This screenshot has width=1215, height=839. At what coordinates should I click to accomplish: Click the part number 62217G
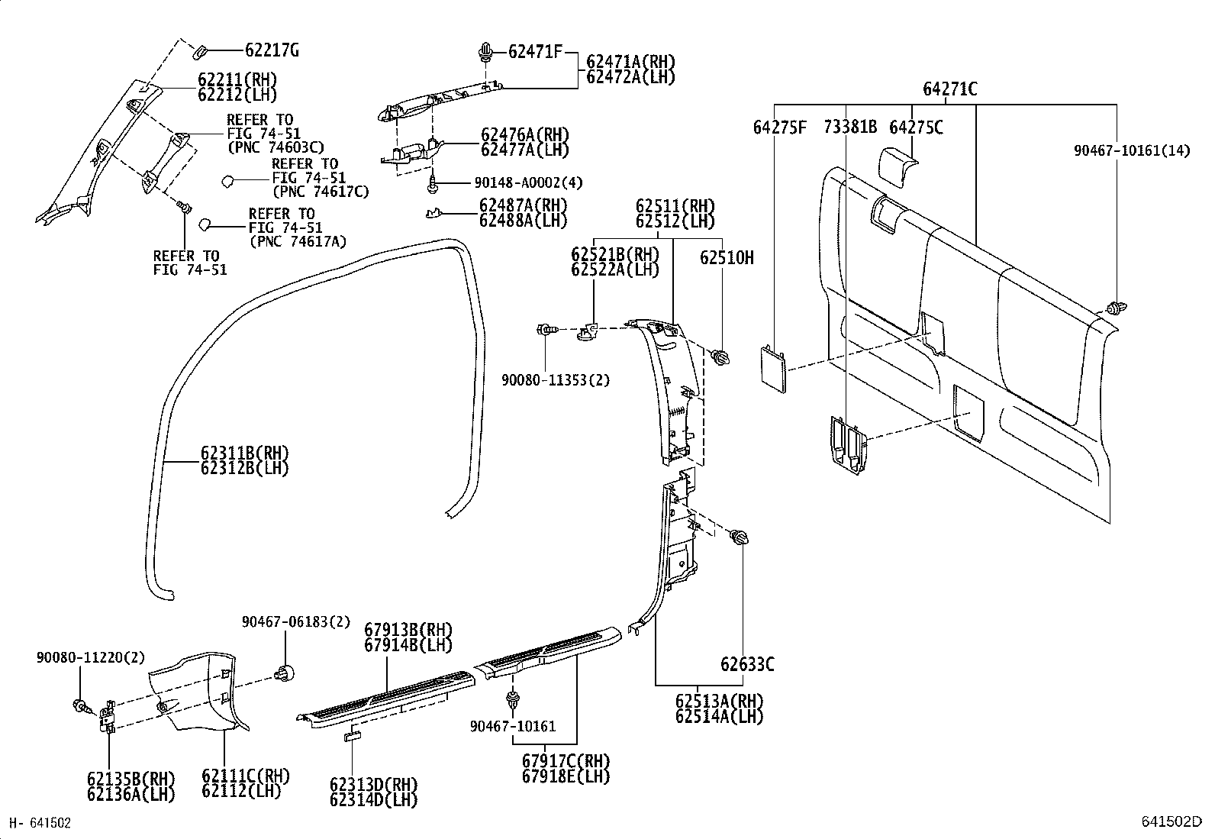click(x=271, y=51)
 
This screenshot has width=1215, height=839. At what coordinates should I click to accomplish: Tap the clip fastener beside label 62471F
click(x=484, y=53)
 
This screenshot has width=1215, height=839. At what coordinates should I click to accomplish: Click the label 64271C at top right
click(x=949, y=89)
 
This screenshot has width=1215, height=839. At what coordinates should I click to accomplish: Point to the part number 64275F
click(x=779, y=127)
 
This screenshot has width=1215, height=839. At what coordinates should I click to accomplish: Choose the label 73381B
click(x=850, y=127)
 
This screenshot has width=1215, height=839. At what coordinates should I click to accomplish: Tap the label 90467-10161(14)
click(x=1132, y=151)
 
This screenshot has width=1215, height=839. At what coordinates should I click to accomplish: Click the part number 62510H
click(x=726, y=258)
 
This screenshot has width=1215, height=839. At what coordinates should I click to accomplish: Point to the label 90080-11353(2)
click(x=556, y=379)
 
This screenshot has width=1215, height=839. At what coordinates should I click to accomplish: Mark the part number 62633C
click(x=747, y=664)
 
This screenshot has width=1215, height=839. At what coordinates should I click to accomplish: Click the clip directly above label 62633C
click(x=739, y=538)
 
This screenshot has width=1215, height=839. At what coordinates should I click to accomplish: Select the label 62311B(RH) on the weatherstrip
click(x=245, y=453)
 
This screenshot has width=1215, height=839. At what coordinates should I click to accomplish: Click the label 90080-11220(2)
click(x=90, y=657)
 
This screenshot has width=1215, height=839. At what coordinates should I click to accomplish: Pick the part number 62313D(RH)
click(x=373, y=785)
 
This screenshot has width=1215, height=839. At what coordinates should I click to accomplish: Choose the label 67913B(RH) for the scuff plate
click(x=408, y=631)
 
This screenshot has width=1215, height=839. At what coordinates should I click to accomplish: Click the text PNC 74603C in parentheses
click(x=276, y=147)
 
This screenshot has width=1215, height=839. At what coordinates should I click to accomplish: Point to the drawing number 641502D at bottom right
click(x=1171, y=821)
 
